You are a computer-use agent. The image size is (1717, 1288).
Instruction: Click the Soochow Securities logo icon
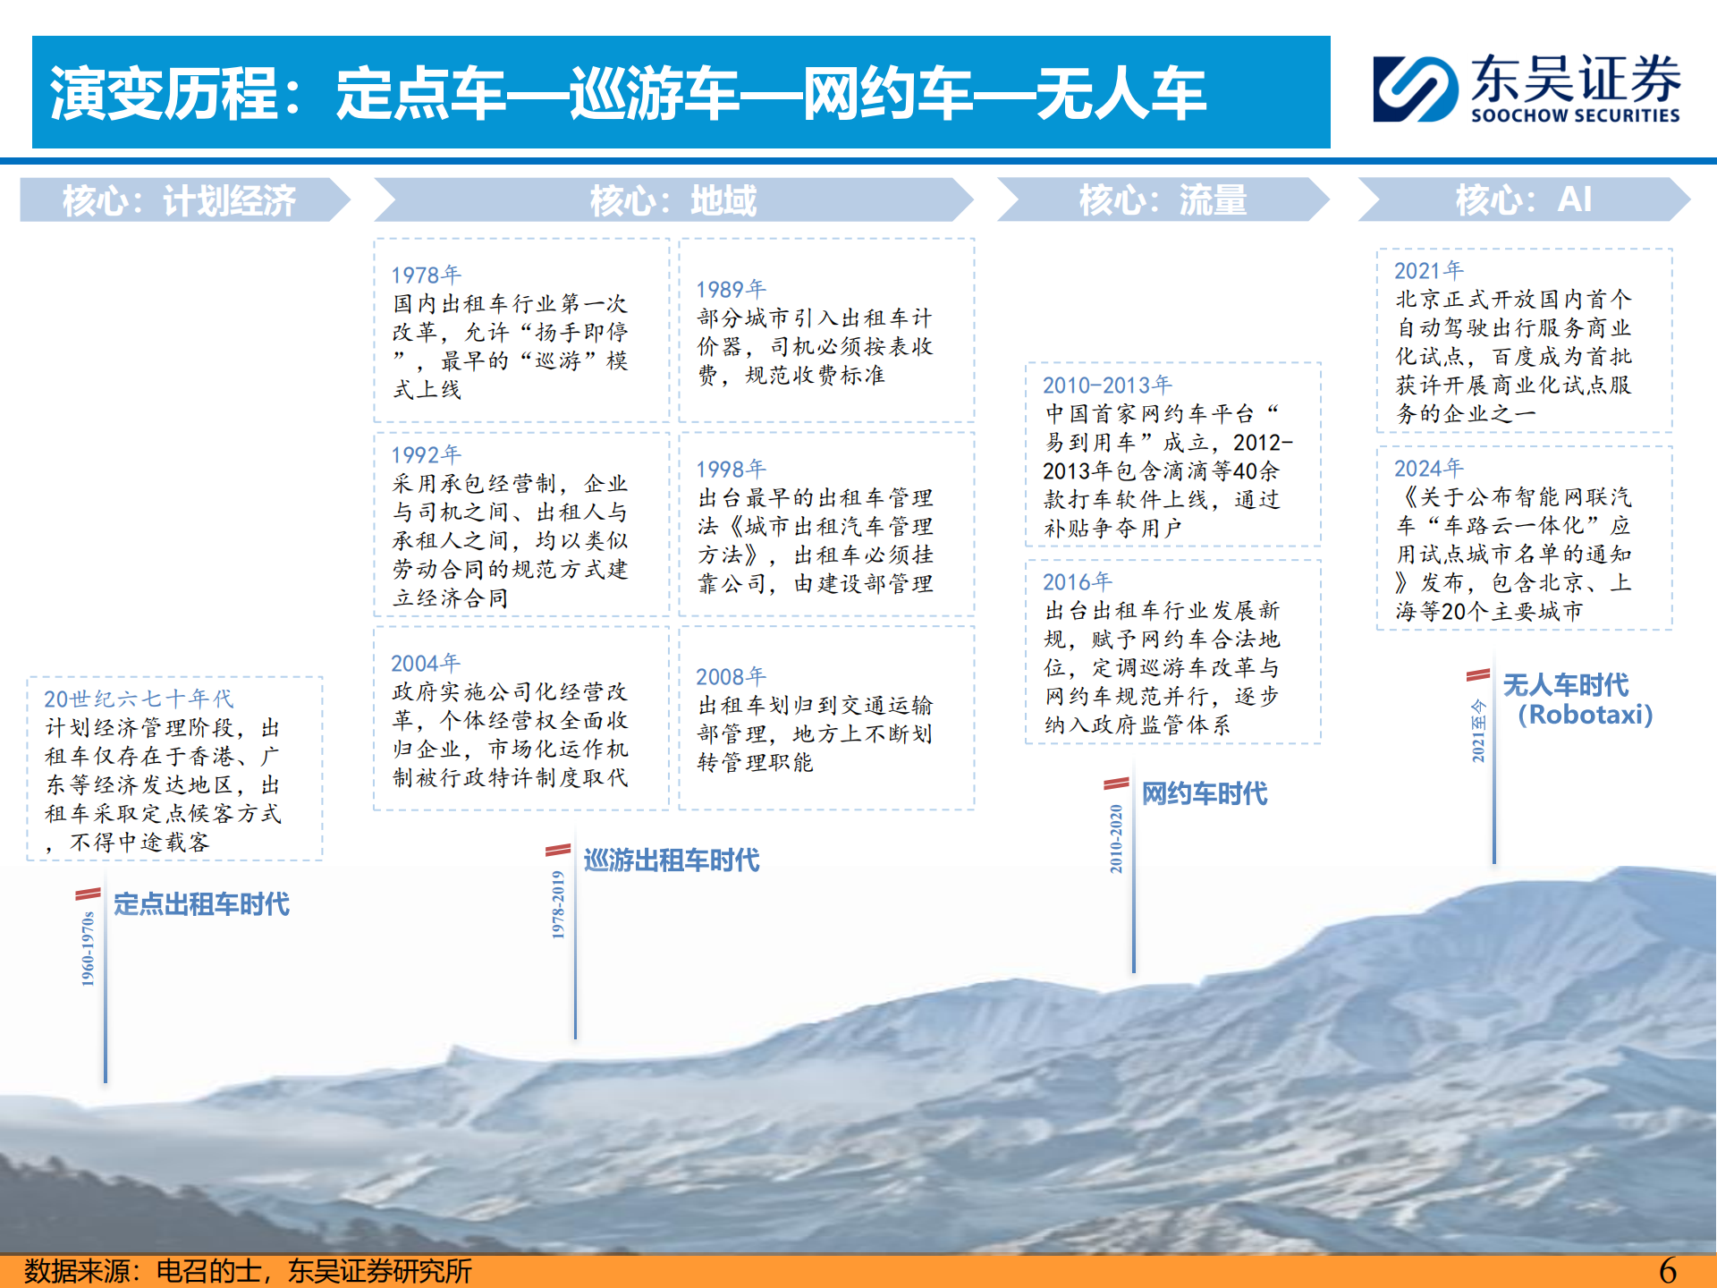point(1417,89)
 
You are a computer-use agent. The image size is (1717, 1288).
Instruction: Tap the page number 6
point(1668,1270)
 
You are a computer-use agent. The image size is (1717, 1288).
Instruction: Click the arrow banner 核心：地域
point(673,199)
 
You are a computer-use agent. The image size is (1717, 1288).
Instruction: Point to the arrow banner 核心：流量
point(1163,199)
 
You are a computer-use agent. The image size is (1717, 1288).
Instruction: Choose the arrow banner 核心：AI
point(1524,199)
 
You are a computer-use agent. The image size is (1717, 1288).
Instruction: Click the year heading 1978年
point(426,275)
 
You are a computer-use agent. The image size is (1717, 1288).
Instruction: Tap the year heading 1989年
point(731,289)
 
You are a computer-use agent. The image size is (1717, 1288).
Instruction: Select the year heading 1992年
point(426,454)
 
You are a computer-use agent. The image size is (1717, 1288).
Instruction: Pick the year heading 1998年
point(731,469)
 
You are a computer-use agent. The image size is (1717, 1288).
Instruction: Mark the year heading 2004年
point(426,663)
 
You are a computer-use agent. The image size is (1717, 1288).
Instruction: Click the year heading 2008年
point(731,676)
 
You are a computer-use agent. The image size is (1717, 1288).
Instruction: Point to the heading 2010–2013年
point(1107,385)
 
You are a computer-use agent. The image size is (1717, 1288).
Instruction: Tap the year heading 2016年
point(1078,581)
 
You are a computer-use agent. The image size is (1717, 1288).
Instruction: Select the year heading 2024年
point(1429,468)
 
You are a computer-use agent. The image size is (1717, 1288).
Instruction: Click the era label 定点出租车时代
point(201,904)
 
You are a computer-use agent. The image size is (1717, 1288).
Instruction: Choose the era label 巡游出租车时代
point(672,860)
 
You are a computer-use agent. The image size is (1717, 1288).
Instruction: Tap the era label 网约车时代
point(1205,793)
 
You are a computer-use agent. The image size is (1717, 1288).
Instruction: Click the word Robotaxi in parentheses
point(1586,715)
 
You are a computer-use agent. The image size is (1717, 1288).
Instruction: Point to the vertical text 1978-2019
point(558,904)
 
